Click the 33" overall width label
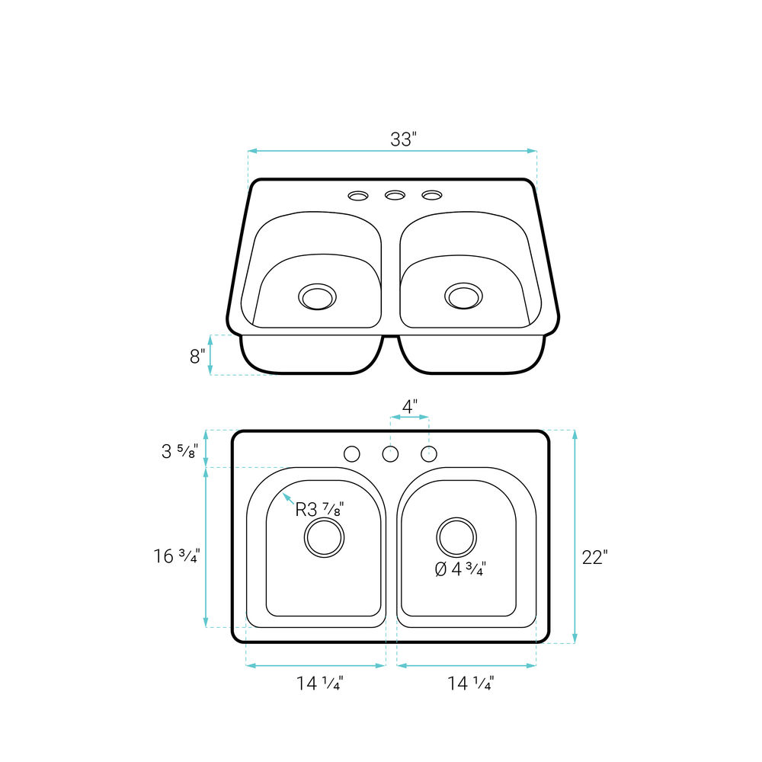[x=403, y=139]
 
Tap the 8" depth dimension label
[x=197, y=356]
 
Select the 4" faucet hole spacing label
[x=410, y=406]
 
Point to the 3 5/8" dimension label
[x=180, y=451]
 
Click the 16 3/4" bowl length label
[x=177, y=556]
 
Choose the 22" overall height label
[x=595, y=558]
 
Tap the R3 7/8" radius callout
[x=320, y=509]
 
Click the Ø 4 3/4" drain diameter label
[x=460, y=568]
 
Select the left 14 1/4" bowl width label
[x=320, y=684]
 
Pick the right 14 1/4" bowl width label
[x=470, y=684]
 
